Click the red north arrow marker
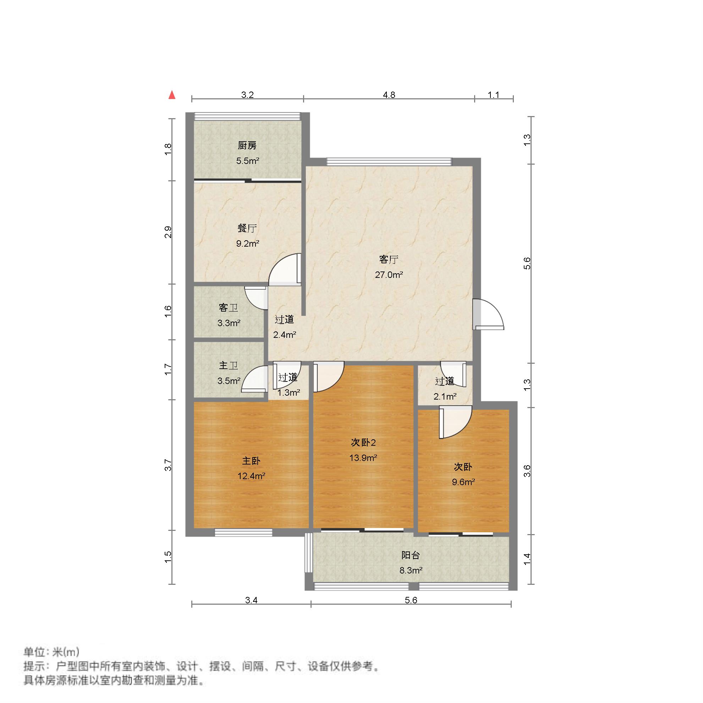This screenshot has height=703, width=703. tap(172, 95)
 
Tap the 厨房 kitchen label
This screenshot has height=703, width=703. tap(247, 146)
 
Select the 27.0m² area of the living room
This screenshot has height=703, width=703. tap(389, 275)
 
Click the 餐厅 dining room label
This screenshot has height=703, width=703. tap(247, 229)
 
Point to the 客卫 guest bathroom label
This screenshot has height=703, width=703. tap(228, 308)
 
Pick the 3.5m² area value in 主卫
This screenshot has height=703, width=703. tap(229, 381)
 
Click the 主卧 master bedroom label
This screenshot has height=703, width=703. tap(251, 461)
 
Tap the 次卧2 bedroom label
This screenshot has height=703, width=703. tap(363, 443)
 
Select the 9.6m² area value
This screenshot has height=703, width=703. tap(463, 482)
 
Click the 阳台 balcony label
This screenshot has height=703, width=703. tap(411, 556)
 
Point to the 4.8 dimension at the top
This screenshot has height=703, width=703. tap(389, 95)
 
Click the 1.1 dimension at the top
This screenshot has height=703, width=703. tap(493, 95)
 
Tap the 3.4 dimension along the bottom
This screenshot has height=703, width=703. tap(251, 600)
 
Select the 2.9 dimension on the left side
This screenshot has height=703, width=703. tap(168, 232)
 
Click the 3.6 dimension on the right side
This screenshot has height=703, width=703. tap(527, 471)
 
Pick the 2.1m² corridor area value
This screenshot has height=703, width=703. tap(445, 397)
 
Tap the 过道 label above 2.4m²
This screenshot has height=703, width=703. tap(284, 320)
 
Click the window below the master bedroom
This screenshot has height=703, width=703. tap(243, 533)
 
